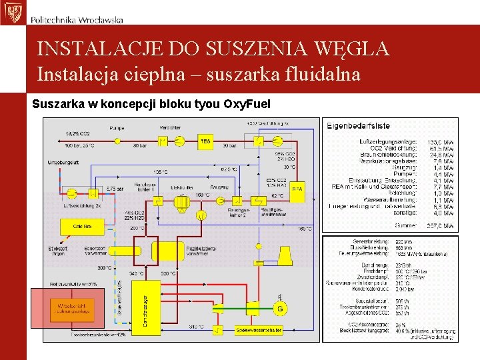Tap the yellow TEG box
coord(205,141)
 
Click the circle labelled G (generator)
coord(281,308)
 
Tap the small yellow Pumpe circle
coord(118,141)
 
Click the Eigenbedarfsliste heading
coord(359,125)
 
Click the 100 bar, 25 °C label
coord(79,145)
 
